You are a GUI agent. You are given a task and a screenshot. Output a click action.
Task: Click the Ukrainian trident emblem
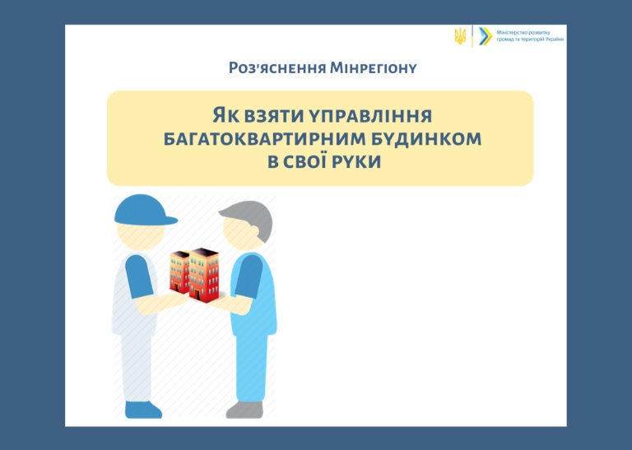(460, 36)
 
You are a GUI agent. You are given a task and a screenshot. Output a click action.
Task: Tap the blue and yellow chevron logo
(486, 36)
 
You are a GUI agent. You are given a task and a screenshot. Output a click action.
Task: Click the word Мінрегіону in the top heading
(374, 68)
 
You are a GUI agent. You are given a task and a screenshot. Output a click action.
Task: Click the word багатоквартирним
(258, 139)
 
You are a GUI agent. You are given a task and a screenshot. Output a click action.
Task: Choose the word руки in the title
(355, 162)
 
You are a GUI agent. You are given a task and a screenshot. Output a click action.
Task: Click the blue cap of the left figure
(144, 211)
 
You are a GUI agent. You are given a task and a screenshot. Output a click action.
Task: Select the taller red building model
(204, 274)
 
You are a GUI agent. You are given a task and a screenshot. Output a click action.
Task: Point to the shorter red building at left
(179, 272)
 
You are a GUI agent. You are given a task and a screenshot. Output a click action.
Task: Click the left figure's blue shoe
(142, 410)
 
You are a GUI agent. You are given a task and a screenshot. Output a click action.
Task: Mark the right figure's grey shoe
(245, 410)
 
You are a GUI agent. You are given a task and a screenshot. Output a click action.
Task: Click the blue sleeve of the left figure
(139, 276)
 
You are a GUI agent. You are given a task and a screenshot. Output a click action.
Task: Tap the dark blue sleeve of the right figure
(249, 276)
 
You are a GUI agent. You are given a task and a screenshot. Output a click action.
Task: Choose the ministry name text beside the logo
(530, 36)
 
